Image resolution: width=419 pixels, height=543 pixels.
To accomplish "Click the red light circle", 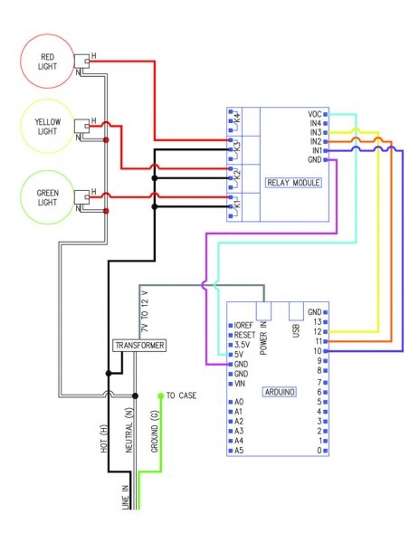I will pos(47,62).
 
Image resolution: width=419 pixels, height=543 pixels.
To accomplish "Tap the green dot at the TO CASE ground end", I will pos(161,395).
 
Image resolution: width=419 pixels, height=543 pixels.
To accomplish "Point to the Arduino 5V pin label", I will pos(240,354).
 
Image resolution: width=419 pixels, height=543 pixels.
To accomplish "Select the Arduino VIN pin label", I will pos(240,384).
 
